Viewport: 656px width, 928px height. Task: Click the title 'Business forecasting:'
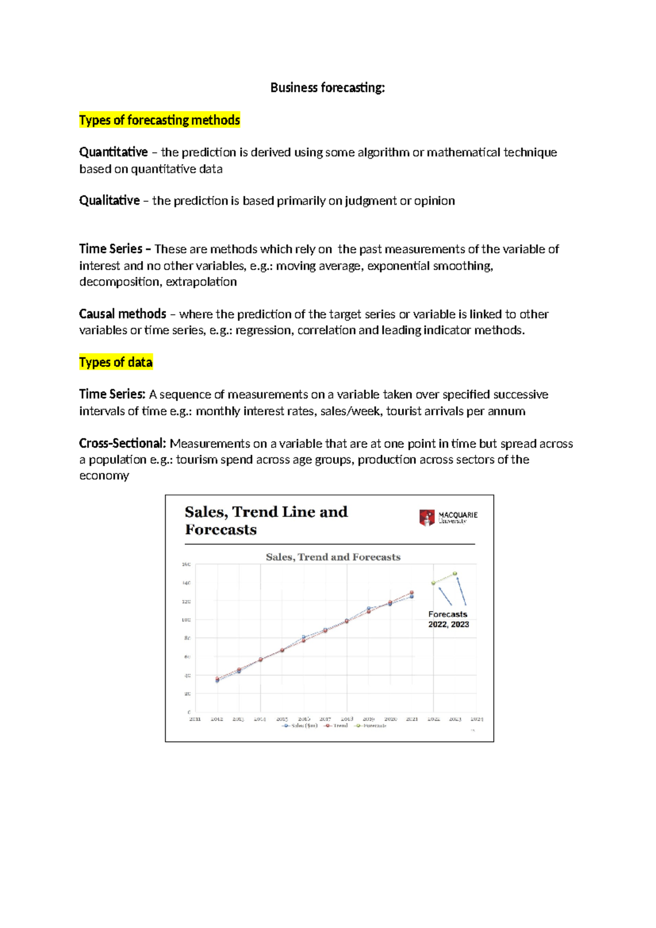pyautogui.click(x=327, y=88)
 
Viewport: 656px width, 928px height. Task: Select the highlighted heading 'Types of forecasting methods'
pyautogui.click(x=159, y=120)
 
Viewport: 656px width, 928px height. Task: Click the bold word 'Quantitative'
pyautogui.click(x=113, y=152)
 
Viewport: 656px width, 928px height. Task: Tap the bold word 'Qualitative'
pyautogui.click(x=109, y=200)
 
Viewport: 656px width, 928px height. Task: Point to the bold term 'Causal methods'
pyautogui.click(x=122, y=314)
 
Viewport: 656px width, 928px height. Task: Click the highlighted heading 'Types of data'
pyautogui.click(x=115, y=362)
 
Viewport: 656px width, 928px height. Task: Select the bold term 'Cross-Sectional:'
pyautogui.click(x=122, y=443)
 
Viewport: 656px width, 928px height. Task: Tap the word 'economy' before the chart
pyautogui.click(x=104, y=475)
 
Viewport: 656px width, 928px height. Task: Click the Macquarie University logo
pyautogui.click(x=448, y=517)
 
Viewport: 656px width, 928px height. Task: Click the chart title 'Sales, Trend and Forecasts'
pyautogui.click(x=333, y=557)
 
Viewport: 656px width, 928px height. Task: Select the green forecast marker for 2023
pyautogui.click(x=455, y=573)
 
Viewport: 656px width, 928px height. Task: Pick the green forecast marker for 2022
pyautogui.click(x=434, y=583)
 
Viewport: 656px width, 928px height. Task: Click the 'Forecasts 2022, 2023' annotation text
pyautogui.click(x=448, y=619)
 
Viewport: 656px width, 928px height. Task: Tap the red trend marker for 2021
pyautogui.click(x=412, y=593)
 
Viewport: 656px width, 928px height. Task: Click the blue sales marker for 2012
pyautogui.click(x=217, y=681)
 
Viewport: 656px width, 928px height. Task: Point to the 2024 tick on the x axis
pyautogui.click(x=477, y=719)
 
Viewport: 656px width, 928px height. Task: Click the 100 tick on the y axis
pyautogui.click(x=186, y=620)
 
